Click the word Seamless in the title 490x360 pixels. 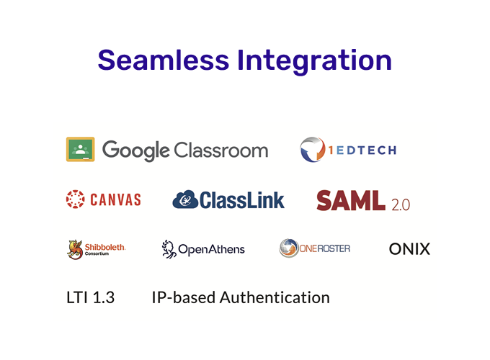(164, 60)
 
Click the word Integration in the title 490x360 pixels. (314, 62)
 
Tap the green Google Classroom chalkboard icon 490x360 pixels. (80, 149)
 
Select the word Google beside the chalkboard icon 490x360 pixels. (136, 150)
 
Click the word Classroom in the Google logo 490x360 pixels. (221, 150)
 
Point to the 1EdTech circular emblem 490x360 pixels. (312, 149)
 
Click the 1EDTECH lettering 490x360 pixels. (362, 150)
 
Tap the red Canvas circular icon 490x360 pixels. (76, 199)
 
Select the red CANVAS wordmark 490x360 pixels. (115, 199)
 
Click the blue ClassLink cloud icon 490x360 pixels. (185, 199)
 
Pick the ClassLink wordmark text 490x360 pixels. (242, 200)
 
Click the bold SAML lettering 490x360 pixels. (351, 200)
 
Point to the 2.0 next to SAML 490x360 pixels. (401, 204)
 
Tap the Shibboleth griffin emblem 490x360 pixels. (75, 249)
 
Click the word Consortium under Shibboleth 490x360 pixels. (97, 254)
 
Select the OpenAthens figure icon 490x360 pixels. (169, 249)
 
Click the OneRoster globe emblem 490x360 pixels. (289, 248)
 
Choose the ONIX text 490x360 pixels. (410, 249)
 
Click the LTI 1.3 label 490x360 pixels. (91, 297)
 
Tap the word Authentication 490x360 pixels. (275, 297)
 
